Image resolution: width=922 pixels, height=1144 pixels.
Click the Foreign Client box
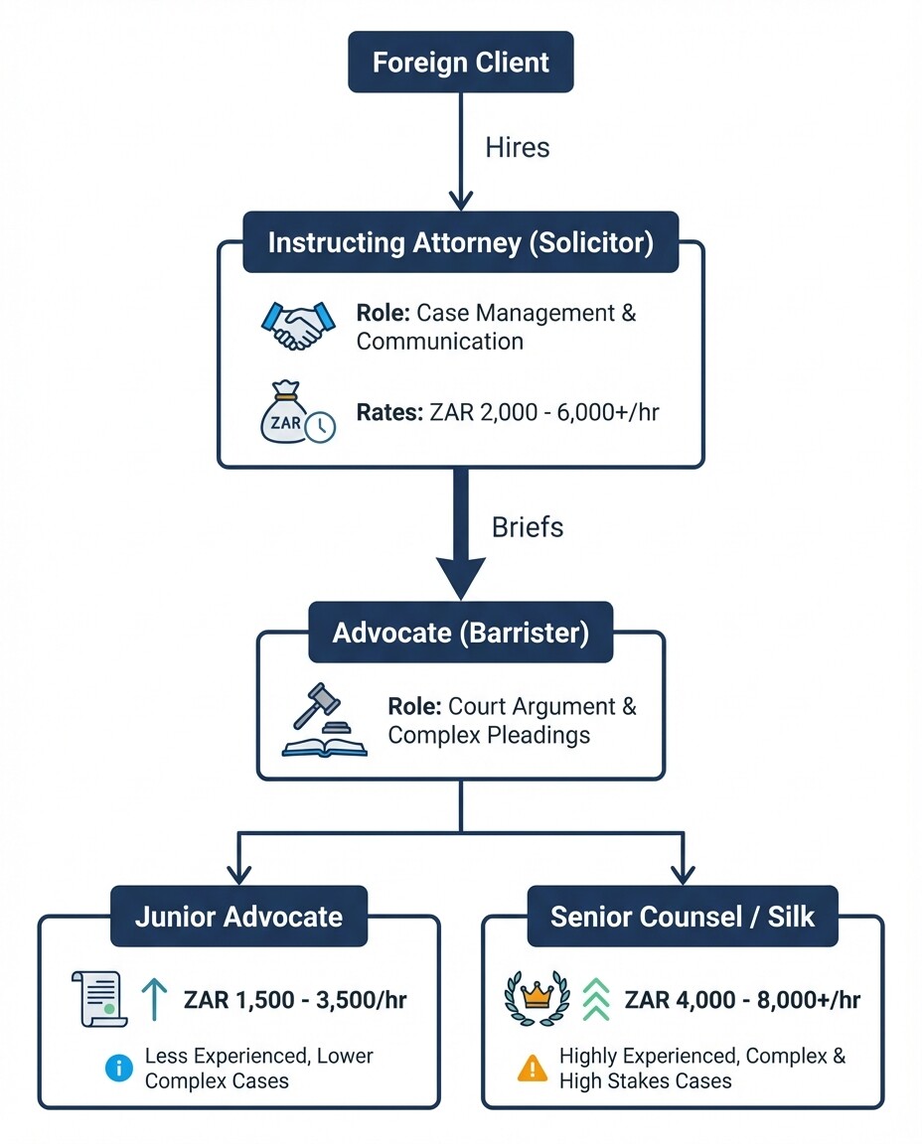460,62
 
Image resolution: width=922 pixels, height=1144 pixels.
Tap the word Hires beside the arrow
517,148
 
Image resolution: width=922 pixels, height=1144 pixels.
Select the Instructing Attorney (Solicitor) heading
460,243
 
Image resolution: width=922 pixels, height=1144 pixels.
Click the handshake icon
293,326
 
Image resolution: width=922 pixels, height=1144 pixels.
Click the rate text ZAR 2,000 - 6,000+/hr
508,411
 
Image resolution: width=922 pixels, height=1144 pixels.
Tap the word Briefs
528,526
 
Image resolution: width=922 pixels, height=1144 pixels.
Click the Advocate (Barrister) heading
460,634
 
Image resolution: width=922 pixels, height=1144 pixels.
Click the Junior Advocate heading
238,917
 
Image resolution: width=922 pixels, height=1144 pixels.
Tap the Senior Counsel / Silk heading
682,917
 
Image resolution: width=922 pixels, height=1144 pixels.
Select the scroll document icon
98,998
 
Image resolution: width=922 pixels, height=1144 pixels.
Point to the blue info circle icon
118,1069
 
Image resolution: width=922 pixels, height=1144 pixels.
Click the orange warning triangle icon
534,1069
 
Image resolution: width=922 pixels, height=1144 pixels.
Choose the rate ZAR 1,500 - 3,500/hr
295,999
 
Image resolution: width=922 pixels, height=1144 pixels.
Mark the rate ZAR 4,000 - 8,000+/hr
742,999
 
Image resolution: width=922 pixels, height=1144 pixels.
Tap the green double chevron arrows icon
594,998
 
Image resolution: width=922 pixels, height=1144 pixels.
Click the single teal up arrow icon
155,998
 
